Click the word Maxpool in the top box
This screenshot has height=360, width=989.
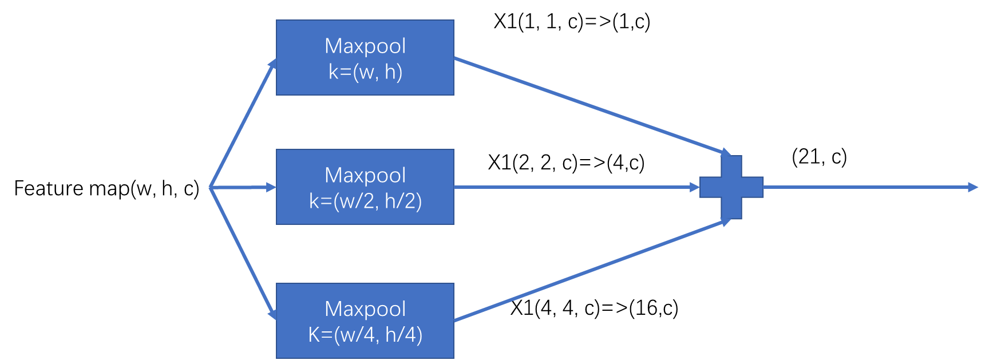click(x=365, y=46)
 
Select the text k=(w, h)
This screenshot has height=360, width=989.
click(x=365, y=72)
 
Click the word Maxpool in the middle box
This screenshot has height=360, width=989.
click(x=365, y=175)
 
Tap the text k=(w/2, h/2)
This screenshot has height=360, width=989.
click(x=365, y=201)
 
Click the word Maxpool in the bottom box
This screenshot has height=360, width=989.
click(x=365, y=309)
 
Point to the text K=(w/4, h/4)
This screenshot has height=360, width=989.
click(x=365, y=335)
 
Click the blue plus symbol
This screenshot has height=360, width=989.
click(x=731, y=187)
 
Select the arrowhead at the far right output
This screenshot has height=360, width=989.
click(x=973, y=187)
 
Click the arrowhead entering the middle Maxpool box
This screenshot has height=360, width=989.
click(x=271, y=187)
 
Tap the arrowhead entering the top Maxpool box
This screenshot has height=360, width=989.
click(x=273, y=64)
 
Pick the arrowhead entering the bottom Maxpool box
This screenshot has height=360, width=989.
click(x=272, y=313)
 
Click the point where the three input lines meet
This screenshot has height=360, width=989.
click(x=211, y=187)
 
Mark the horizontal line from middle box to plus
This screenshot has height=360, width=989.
click(x=572, y=187)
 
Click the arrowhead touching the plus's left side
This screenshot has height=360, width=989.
click(x=695, y=187)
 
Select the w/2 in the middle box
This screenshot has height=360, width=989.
click(x=354, y=201)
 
